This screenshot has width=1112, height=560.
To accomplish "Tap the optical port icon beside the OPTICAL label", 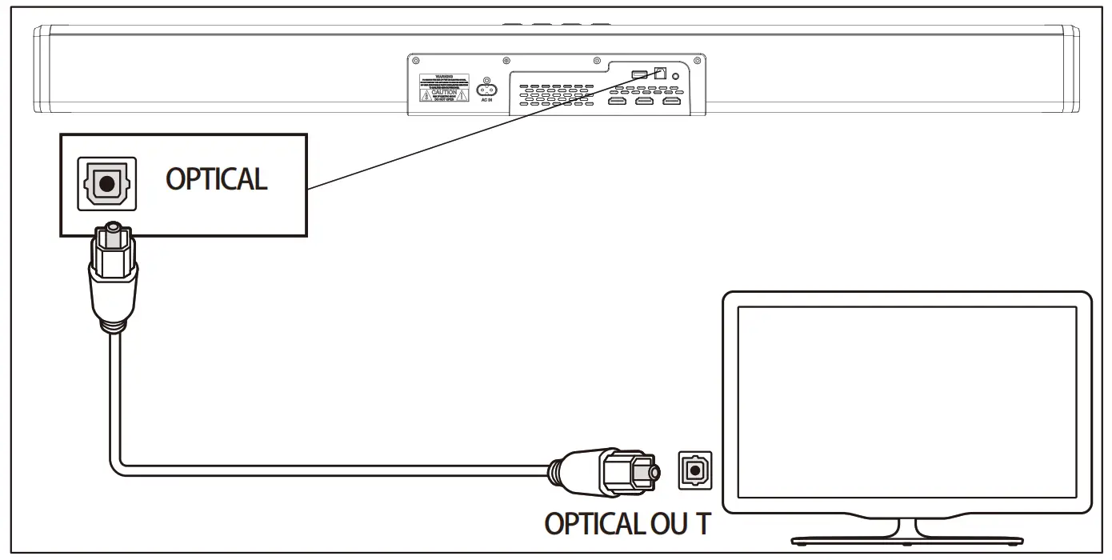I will pos(106,183).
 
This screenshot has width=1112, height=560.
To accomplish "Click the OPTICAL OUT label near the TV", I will pos(626,523).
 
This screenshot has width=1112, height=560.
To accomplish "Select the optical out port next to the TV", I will pos(692,470).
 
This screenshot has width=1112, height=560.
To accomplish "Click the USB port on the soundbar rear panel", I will pos(640,74).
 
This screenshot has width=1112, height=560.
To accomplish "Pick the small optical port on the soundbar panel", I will pos(660,72).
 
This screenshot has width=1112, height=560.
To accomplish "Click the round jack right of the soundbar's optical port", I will pos(678,76).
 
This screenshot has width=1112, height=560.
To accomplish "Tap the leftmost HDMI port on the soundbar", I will pos(618,101).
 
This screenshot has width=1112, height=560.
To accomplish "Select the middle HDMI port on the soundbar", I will pos(644,101).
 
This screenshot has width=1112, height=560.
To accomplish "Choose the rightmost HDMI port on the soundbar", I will pos(671,101).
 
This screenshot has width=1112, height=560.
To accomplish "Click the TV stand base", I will pos(906,538).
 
